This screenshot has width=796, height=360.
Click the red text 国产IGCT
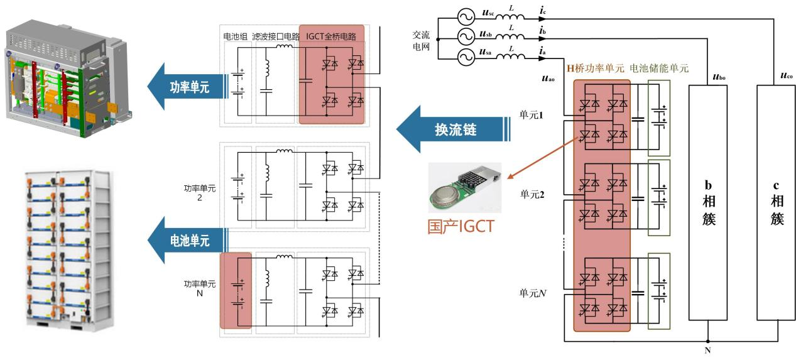(461, 226)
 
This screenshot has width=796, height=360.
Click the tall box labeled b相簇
(707, 202)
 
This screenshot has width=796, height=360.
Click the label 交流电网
(421, 40)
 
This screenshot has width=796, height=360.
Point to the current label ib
(542, 31)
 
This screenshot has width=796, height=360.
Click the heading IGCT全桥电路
(331, 36)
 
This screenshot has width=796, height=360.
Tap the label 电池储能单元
(659, 68)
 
